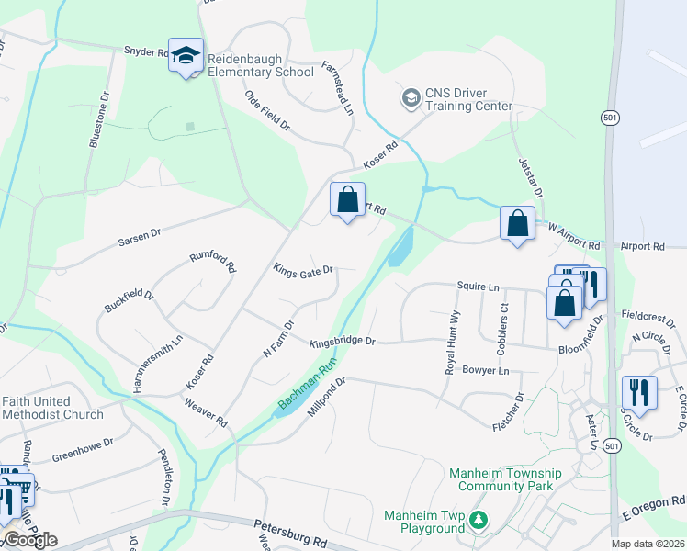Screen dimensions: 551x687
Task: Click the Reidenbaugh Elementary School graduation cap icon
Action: (186, 55)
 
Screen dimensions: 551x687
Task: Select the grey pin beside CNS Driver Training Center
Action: (410, 96)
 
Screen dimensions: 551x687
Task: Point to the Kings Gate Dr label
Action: (302, 270)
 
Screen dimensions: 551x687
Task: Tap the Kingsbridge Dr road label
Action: (343, 342)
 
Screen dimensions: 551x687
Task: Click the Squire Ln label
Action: (477, 287)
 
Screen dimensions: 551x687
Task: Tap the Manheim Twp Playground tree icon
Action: (478, 521)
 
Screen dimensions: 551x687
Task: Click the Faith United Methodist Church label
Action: (52, 407)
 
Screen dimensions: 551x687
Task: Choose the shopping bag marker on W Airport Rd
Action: (517, 223)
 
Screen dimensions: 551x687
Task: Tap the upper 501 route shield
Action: (610, 118)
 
